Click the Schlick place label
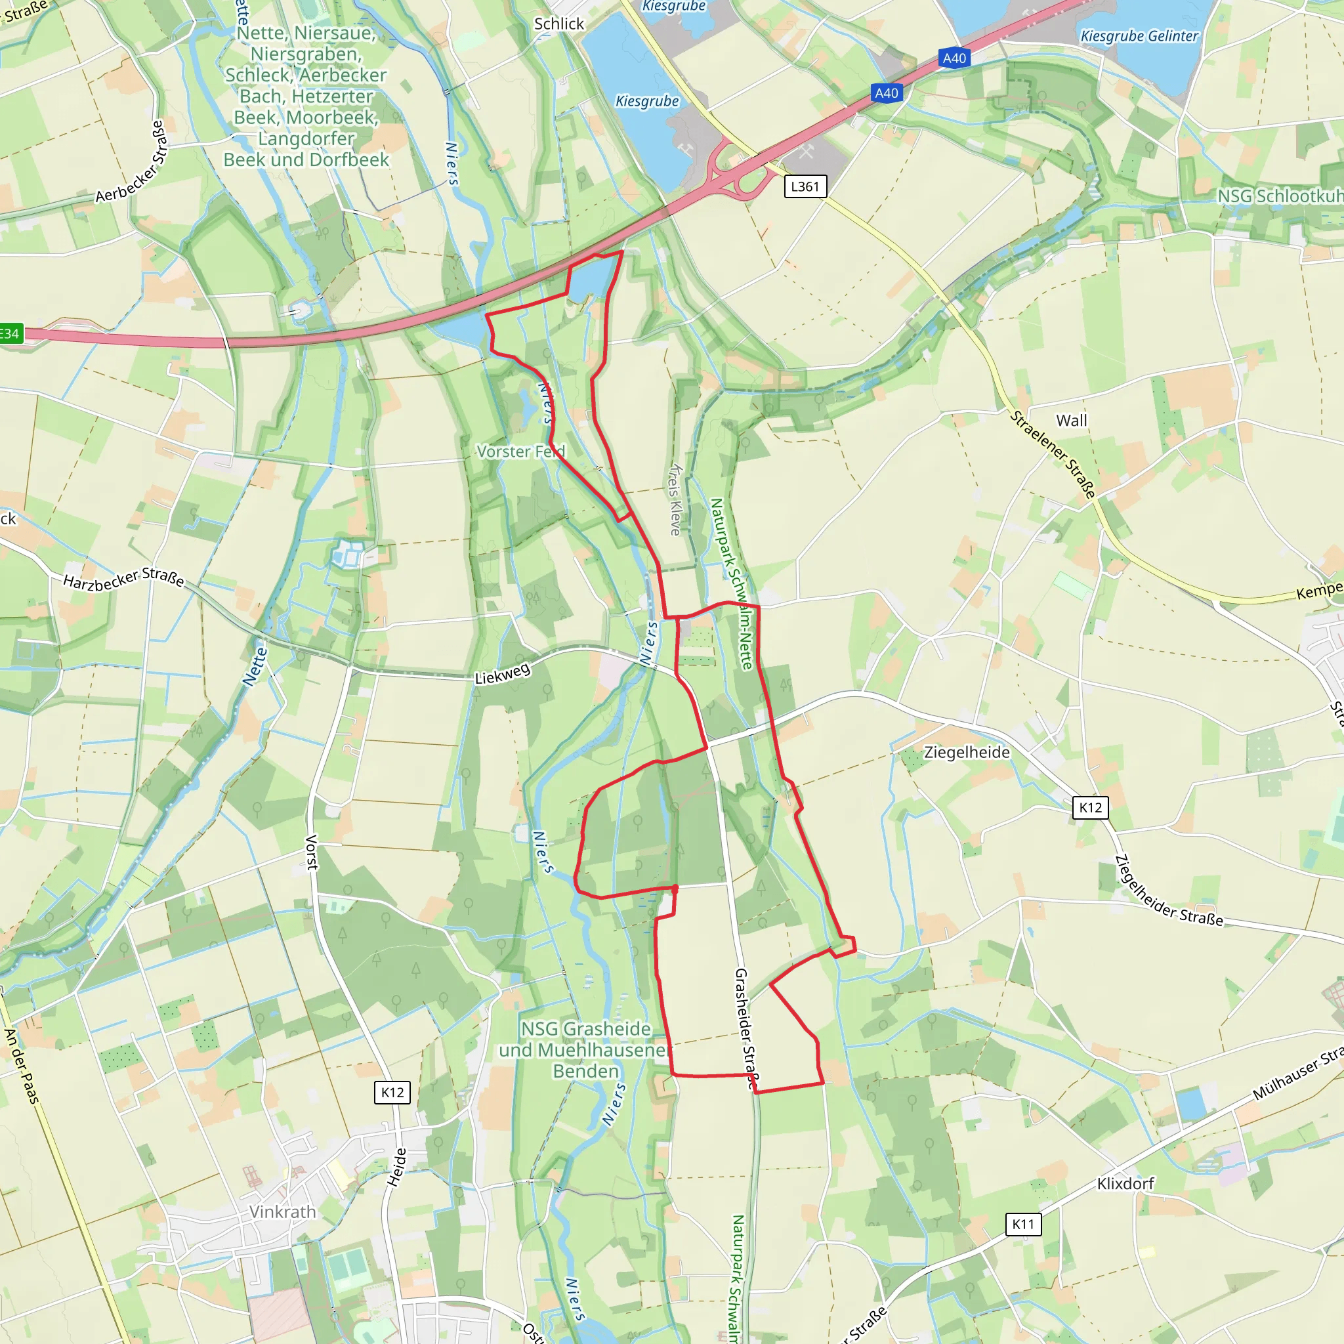558,24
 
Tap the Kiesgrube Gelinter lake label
1139,36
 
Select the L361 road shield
805,186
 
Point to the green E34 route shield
10,334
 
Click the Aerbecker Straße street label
131,163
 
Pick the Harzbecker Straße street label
124,578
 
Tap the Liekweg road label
502,673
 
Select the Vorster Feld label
521,451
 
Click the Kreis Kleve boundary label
675,499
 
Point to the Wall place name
1071,421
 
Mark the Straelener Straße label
1053,454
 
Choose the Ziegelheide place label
966,753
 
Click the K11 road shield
1023,1225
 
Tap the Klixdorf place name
1125,1183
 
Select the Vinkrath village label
282,1212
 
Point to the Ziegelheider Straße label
1168,892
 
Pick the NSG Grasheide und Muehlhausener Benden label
586,1050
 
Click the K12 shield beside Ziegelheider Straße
1090,807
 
